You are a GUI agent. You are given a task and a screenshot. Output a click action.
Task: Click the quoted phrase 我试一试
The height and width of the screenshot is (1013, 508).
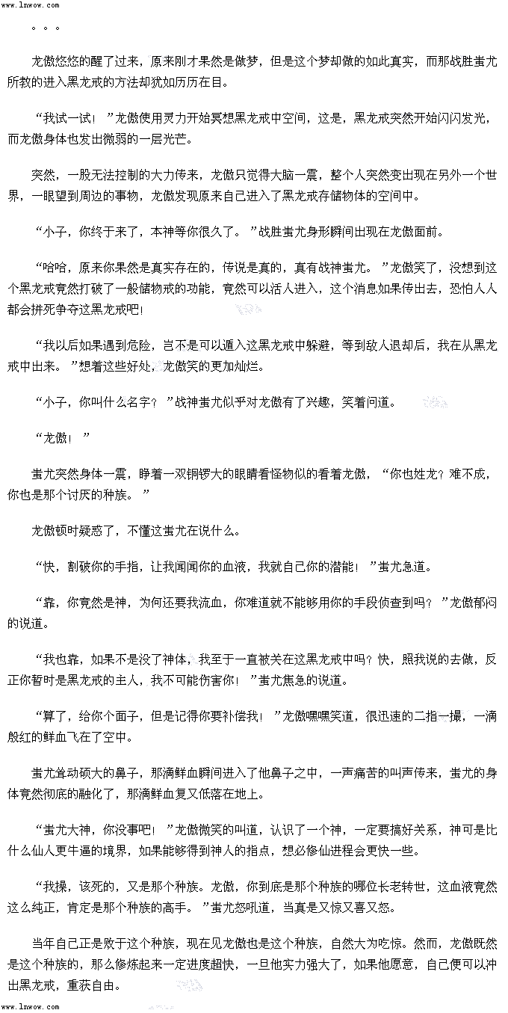tap(71, 118)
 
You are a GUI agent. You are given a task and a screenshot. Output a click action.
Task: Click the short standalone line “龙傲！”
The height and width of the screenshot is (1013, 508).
tap(63, 438)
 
